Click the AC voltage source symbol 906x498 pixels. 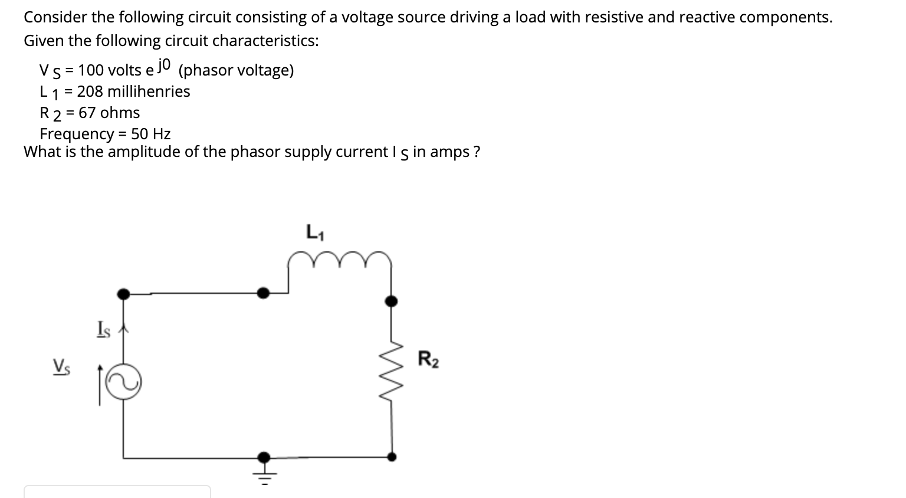(x=123, y=382)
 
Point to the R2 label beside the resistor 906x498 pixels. (x=428, y=359)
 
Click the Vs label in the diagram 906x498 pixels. (x=61, y=366)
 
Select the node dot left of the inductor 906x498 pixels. (x=264, y=292)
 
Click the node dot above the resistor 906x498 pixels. (x=390, y=302)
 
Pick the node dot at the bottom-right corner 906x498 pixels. (x=390, y=456)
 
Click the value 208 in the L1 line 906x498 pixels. (x=90, y=91)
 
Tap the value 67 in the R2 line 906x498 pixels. (x=87, y=113)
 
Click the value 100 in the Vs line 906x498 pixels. (x=91, y=70)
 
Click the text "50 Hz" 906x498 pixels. (x=151, y=134)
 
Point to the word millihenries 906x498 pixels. (x=149, y=91)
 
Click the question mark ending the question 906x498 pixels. (x=477, y=152)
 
